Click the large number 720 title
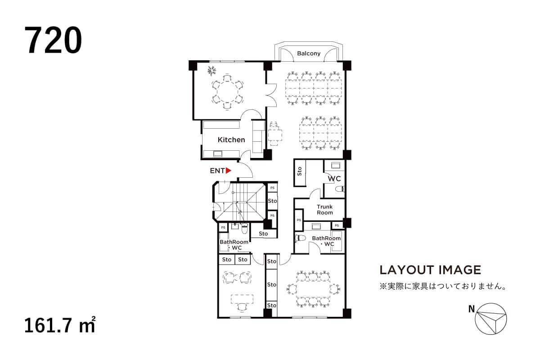click(54, 40)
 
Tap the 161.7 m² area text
click(60, 325)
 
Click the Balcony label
click(309, 54)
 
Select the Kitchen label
click(231, 140)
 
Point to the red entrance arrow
click(228, 171)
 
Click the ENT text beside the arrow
click(217, 171)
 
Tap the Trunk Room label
click(324, 210)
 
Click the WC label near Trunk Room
click(334, 179)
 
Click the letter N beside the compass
click(471, 309)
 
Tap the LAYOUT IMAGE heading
click(430, 270)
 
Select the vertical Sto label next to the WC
click(300, 171)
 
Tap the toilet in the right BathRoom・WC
click(300, 238)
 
